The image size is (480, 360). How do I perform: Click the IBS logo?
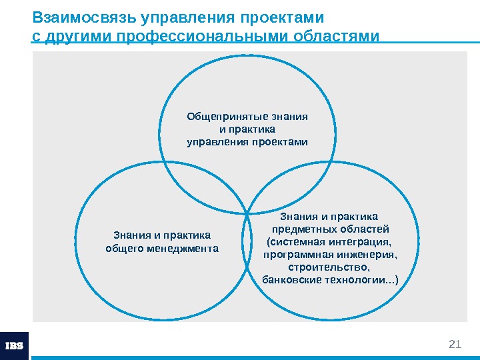[14, 346]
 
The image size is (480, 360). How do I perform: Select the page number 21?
[455, 344]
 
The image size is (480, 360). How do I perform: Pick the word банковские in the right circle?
[293, 279]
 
